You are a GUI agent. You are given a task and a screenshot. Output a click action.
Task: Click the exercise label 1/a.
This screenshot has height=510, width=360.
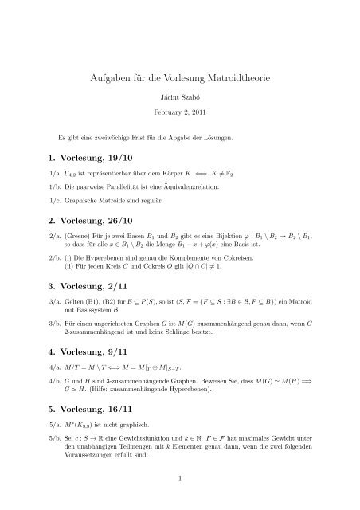(55, 174)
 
